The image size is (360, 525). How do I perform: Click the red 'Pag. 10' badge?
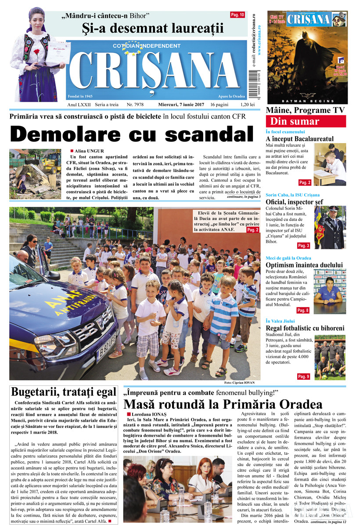pos(238,15)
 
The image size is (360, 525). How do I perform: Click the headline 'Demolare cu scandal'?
pos(132,134)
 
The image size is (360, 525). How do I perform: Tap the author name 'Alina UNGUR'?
pos(89,151)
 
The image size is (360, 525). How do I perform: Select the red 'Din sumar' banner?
pos(312,122)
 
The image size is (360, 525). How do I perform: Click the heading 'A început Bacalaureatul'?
pos(299,139)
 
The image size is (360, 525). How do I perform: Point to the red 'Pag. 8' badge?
pos(303,310)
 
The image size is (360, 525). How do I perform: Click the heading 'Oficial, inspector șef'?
pos(294,202)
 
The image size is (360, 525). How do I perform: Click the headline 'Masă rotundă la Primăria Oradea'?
pos(223,404)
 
